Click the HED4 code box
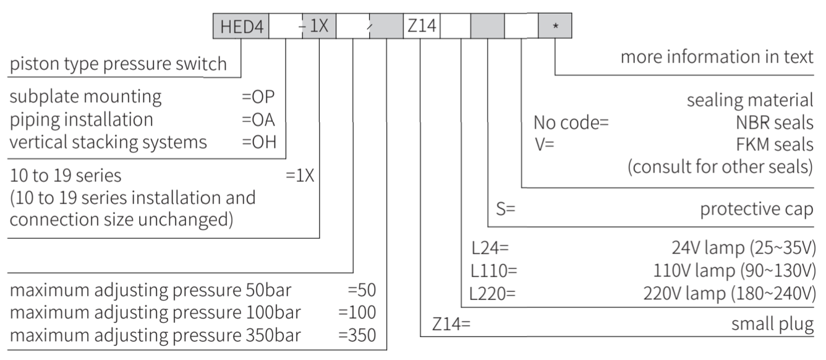coord(241,26)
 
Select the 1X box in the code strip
coord(319,26)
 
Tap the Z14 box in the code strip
coord(422,26)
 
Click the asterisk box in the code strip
coord(555,26)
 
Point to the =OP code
coord(258,97)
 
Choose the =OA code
coord(258,120)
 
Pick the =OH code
coord(259,142)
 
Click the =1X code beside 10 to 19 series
coord(300,176)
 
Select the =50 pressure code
coord(362,290)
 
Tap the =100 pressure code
coord(357,312)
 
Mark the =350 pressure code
coord(357,335)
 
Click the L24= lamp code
coord(490,248)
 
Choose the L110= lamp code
coord(494,271)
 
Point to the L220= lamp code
coord(492,294)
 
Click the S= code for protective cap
coord(506,209)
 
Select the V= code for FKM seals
coord(545,144)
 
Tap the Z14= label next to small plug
coord(451,324)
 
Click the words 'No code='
coord(571,122)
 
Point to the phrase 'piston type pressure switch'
coord(118,64)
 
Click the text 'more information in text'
coord(717,57)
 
